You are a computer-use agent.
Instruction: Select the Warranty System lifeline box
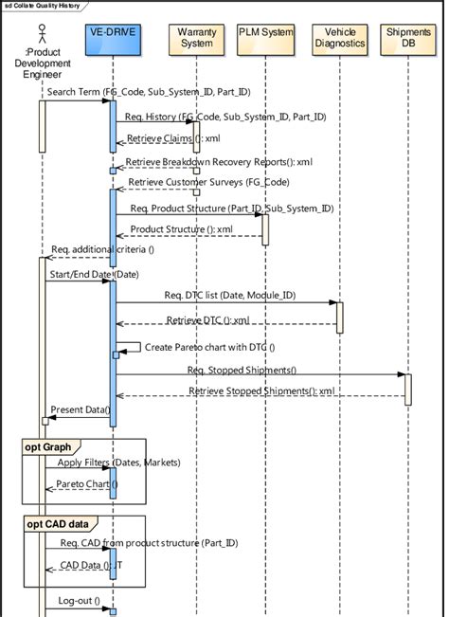pyautogui.click(x=196, y=38)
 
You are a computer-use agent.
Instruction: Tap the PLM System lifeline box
pyautogui.click(x=265, y=32)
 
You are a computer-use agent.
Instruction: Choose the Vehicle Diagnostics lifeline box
pyautogui.click(x=338, y=38)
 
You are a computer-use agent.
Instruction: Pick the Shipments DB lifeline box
pyautogui.click(x=408, y=38)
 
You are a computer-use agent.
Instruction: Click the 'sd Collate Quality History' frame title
pyautogui.click(x=42, y=7)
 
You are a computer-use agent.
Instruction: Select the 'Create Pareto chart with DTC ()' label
pyautogui.click(x=209, y=347)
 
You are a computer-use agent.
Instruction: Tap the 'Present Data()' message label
pyautogui.click(x=80, y=409)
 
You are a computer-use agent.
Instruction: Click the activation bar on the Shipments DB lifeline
pyautogui.click(x=408, y=390)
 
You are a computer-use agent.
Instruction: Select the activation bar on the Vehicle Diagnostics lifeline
pyautogui.click(x=339, y=317)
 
